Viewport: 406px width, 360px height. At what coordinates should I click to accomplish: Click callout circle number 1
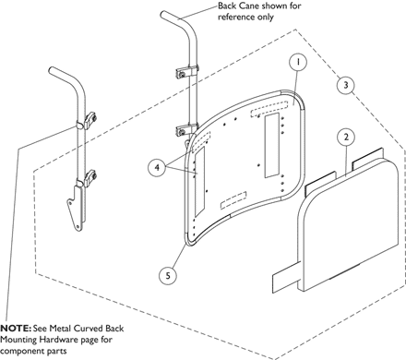298,62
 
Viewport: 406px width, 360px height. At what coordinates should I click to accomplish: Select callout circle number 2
346,137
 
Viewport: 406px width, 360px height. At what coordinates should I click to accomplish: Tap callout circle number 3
346,85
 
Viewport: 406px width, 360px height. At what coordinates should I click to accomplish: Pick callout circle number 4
157,168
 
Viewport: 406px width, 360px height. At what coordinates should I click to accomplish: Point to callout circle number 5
168,275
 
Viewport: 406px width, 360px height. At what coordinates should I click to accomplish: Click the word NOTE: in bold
16,329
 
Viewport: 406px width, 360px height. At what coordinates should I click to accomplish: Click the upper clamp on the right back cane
186,73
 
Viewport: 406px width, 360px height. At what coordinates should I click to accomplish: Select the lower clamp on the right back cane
186,130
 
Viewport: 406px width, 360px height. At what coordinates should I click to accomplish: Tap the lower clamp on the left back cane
89,177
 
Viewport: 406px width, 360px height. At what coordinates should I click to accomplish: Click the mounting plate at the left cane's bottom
77,208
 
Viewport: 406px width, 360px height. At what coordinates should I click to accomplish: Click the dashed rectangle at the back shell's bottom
233,200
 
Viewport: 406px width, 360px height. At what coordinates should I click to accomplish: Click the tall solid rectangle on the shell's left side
199,181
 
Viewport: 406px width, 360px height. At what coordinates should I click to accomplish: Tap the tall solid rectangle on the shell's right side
271,145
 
